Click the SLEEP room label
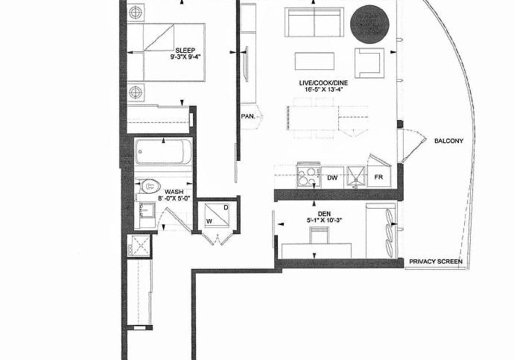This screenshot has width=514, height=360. (185, 51)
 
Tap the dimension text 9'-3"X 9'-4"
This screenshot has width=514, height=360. (185, 57)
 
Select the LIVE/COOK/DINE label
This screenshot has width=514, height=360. (323, 83)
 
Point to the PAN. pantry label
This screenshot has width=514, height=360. (248, 116)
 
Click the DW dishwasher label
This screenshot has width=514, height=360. (332, 177)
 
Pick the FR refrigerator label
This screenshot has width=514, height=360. (378, 177)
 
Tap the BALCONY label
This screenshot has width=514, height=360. (448, 141)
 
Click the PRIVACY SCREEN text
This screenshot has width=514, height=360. (436, 262)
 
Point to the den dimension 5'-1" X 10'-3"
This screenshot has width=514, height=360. (324, 221)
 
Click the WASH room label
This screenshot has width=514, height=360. (174, 192)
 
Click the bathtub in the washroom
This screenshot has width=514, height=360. (163, 152)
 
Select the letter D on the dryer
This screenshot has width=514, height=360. (226, 207)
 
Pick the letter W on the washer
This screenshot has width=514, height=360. (209, 221)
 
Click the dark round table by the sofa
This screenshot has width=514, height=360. (369, 25)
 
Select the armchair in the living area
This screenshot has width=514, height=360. (369, 63)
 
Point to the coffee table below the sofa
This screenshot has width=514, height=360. (314, 61)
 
